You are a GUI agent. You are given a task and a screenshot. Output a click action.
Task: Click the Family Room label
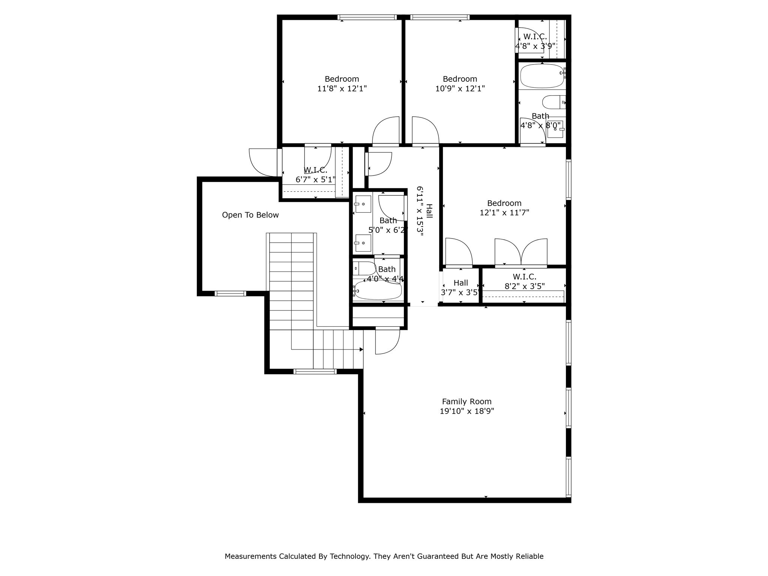pyautogui.click(x=466, y=401)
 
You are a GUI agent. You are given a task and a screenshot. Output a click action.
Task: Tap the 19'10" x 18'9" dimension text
pyautogui.click(x=466, y=411)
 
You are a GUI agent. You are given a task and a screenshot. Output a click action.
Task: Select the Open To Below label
pyautogui.click(x=250, y=215)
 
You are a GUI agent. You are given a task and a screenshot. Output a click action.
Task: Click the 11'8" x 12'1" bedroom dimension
pyautogui.click(x=342, y=88)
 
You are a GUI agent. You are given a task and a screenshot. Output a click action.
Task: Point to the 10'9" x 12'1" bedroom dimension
pyautogui.click(x=460, y=88)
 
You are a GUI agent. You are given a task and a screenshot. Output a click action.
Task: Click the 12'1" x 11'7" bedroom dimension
pyautogui.click(x=504, y=213)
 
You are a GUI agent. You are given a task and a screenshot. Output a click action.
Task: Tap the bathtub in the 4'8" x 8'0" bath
pyautogui.click(x=542, y=76)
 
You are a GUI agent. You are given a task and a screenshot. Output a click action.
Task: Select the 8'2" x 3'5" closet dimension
pyautogui.click(x=524, y=286)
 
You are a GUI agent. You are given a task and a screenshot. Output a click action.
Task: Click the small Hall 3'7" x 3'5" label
pyautogui.click(x=460, y=283)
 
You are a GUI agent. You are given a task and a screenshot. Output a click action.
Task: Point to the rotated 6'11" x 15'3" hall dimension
pyautogui.click(x=420, y=211)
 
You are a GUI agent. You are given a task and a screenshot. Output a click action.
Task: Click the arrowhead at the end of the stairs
pyautogui.click(x=361, y=349)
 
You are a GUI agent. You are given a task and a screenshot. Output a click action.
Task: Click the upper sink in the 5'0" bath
pyautogui.click(x=363, y=204)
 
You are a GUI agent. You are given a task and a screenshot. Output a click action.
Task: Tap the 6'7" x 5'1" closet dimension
pyautogui.click(x=315, y=180)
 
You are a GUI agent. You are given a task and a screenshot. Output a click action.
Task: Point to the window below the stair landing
pyautogui.click(x=315, y=372)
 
